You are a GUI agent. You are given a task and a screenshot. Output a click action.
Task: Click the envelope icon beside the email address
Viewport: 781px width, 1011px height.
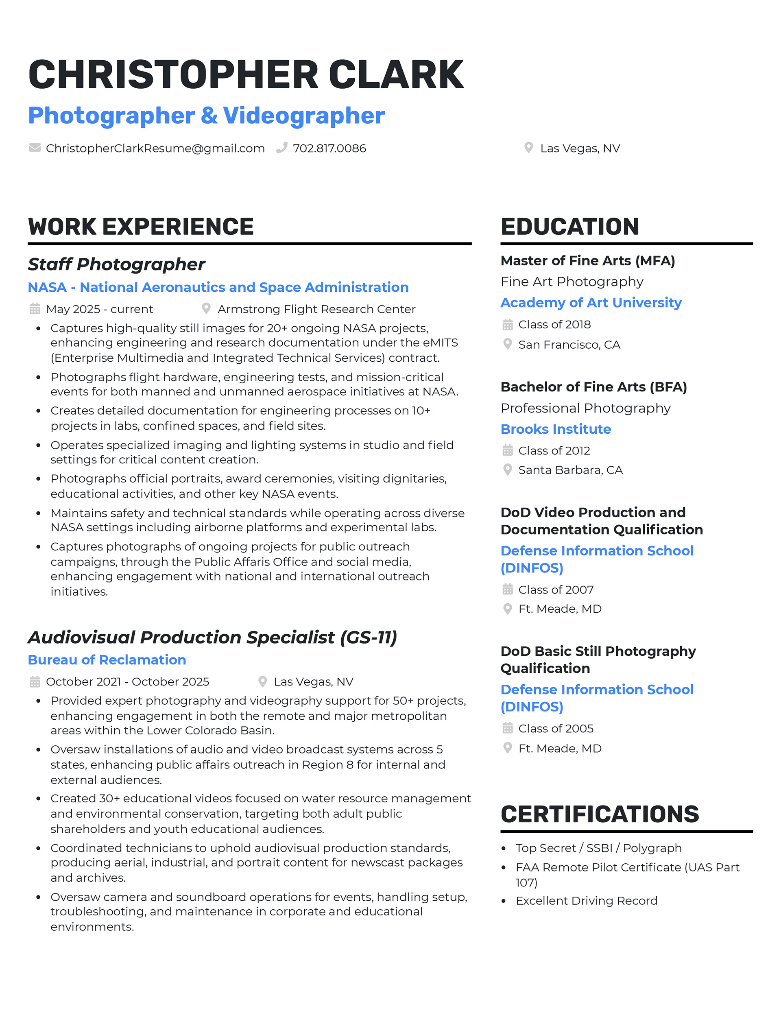click(x=35, y=148)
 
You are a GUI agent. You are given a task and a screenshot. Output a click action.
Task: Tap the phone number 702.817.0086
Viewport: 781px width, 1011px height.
click(x=329, y=148)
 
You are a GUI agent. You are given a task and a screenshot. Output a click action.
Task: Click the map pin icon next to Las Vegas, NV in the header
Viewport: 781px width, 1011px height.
click(x=528, y=148)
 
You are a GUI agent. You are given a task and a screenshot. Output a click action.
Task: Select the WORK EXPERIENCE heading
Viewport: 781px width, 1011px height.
click(x=141, y=227)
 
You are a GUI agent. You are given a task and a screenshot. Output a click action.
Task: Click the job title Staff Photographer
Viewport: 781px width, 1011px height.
click(x=116, y=264)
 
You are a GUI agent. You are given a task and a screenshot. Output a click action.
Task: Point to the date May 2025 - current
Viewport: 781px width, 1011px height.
click(x=100, y=309)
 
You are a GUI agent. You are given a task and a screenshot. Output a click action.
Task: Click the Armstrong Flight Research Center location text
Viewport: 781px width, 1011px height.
click(x=316, y=309)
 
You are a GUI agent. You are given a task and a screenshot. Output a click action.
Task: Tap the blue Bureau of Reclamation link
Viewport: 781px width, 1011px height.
click(x=107, y=659)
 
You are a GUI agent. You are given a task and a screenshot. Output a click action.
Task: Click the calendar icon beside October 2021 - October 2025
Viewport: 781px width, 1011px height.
click(x=35, y=681)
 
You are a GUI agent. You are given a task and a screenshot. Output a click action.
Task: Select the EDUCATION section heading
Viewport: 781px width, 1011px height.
click(x=569, y=227)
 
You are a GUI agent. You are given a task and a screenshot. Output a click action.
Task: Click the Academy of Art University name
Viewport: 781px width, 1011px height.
click(x=591, y=302)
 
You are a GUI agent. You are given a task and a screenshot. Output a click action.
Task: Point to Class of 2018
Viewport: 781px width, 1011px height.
click(x=554, y=325)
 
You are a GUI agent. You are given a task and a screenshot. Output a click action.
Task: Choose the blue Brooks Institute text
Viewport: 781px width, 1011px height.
click(x=556, y=429)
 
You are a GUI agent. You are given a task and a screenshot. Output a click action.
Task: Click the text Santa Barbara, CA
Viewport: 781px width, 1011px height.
click(x=570, y=470)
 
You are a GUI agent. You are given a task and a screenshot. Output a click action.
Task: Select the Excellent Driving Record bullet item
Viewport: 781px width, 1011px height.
click(x=586, y=900)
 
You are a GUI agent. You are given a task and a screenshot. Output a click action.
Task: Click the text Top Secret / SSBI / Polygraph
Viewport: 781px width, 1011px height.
click(x=598, y=847)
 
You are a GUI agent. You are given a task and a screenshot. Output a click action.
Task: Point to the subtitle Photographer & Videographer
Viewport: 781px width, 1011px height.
click(x=207, y=116)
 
